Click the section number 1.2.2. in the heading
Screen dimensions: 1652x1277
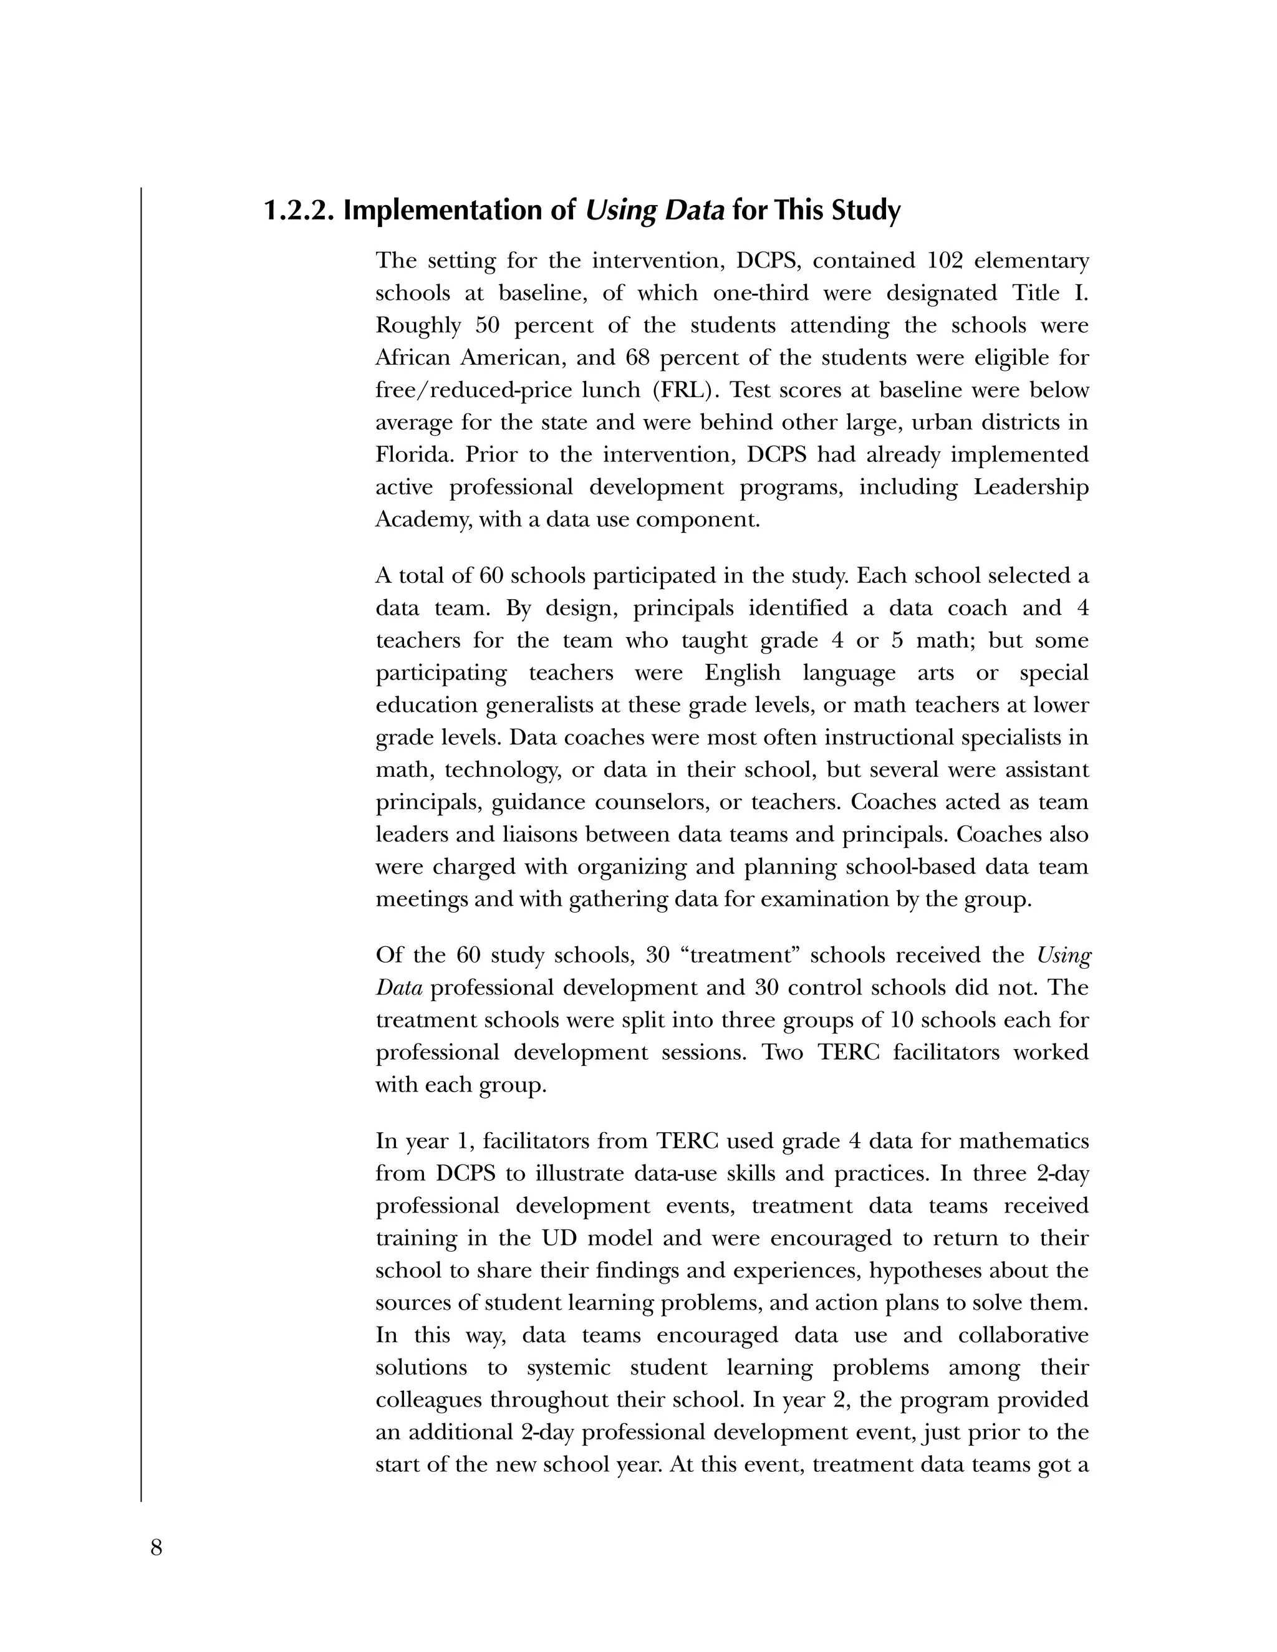pos(299,209)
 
